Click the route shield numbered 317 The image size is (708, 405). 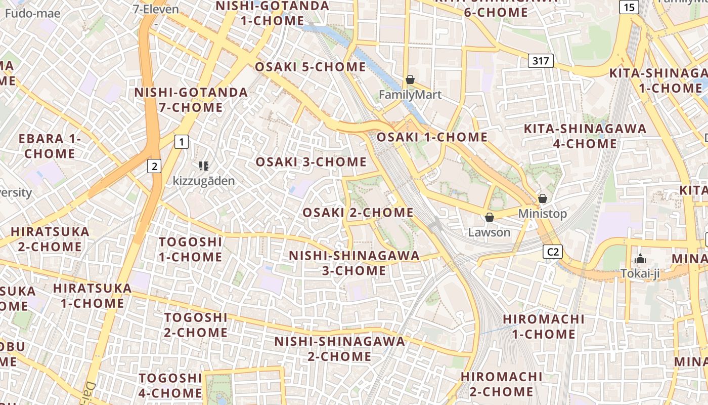541,61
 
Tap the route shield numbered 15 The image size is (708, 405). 629,7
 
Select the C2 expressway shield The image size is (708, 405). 553,252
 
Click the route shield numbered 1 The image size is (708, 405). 181,142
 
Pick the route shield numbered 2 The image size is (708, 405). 154,166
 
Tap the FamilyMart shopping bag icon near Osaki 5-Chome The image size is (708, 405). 410,80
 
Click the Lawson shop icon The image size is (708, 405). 489,218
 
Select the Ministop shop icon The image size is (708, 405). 543,198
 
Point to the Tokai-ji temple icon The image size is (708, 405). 640,259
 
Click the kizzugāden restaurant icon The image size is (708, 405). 204,166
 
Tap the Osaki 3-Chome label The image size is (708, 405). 311,162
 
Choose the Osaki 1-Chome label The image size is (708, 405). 432,137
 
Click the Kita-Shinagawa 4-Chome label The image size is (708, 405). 585,136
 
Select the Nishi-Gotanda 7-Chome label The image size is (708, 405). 191,100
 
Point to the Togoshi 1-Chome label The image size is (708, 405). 190,249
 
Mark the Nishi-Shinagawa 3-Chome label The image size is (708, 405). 354,263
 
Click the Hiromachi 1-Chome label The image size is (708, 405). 544,327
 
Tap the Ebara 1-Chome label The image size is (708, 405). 50,146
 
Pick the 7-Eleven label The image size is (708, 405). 156,9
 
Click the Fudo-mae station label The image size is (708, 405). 33,13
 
